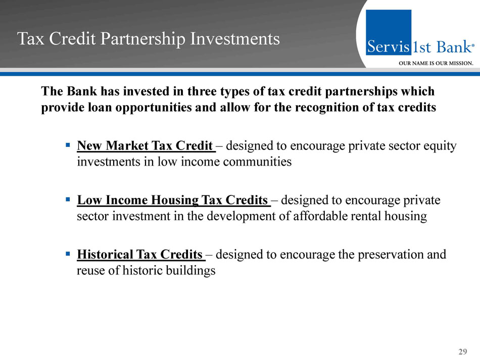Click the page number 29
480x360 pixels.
tap(462, 351)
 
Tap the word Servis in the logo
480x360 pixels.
tap(388, 46)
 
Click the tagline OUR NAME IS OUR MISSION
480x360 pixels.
tap(436, 63)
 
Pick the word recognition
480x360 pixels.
tap(326, 108)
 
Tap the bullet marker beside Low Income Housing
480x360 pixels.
tap(68, 199)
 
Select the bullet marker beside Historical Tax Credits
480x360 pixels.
tap(68, 253)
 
